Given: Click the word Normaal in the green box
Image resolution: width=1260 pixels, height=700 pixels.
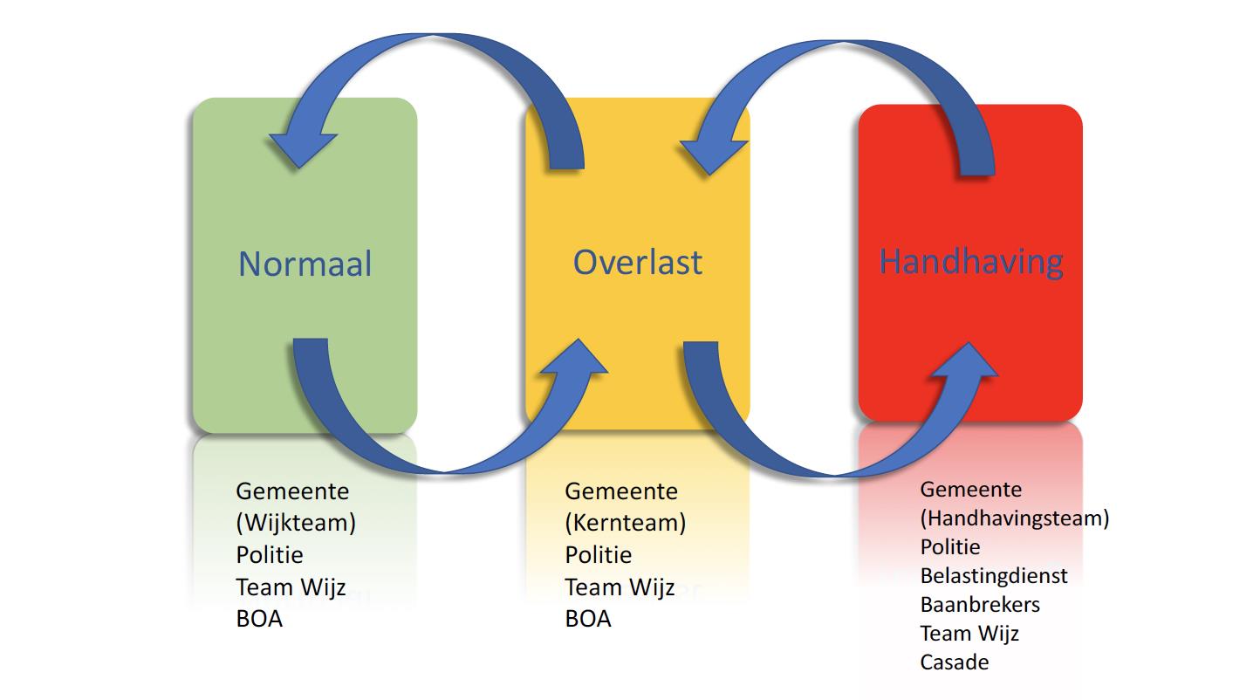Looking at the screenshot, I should (x=305, y=264).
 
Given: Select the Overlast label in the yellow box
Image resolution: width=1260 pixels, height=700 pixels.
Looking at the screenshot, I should (x=637, y=262).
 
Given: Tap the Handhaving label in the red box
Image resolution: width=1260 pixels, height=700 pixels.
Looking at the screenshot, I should (x=971, y=261).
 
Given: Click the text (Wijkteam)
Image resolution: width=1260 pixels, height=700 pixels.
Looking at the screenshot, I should (x=296, y=523).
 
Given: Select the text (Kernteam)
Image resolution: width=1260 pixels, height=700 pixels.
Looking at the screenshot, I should (x=625, y=523).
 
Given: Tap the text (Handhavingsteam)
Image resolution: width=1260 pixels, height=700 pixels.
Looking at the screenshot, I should (x=1014, y=518).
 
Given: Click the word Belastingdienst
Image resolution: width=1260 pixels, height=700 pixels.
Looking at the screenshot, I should (x=994, y=576).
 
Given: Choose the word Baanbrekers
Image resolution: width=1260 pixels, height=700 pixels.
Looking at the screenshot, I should (x=980, y=604).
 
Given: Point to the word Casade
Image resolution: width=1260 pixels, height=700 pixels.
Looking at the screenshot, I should (x=955, y=662).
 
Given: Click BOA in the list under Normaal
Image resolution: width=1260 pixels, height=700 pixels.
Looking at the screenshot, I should (x=259, y=619).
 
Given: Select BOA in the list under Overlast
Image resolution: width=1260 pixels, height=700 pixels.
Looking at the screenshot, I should (x=588, y=619).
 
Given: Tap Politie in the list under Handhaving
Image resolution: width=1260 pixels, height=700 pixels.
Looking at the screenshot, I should (x=950, y=547).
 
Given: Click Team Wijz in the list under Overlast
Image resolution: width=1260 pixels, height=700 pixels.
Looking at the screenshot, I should (x=620, y=587).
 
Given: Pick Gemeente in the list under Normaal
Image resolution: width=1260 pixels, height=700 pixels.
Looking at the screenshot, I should (x=292, y=491).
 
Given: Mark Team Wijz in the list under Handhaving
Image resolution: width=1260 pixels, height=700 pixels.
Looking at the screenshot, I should (x=969, y=633).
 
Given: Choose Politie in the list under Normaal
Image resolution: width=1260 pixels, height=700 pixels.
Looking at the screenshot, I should (x=270, y=555).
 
